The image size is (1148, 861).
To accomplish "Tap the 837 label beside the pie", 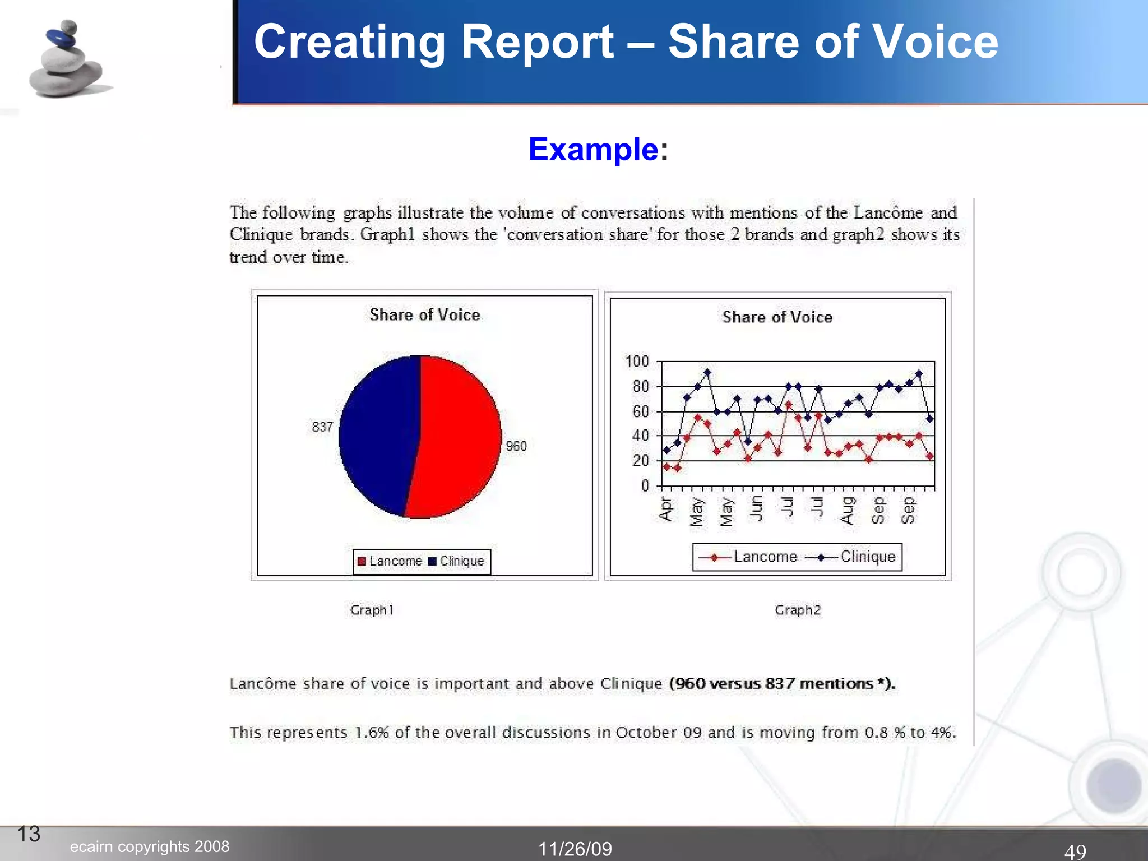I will pyautogui.click(x=323, y=427).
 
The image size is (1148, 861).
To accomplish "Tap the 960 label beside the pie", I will pyautogui.click(x=516, y=446).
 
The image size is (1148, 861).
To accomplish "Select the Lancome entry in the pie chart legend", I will pyautogui.click(x=390, y=561).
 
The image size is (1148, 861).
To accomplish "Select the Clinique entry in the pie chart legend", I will pyautogui.click(x=457, y=561).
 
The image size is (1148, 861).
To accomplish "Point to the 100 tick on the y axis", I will pyautogui.click(x=637, y=362).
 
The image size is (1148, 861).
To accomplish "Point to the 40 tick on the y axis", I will pyautogui.click(x=641, y=436).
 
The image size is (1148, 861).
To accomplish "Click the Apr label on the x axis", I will pyautogui.click(x=665, y=509).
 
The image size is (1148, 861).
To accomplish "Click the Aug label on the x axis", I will pyautogui.click(x=848, y=510).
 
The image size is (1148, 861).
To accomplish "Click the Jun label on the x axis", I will pyautogui.click(x=756, y=508).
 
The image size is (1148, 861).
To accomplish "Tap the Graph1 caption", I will pyautogui.click(x=372, y=610).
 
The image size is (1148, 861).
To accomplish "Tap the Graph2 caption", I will pyautogui.click(x=798, y=610).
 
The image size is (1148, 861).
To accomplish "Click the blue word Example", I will pyautogui.click(x=593, y=150).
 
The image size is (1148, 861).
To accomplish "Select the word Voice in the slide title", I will pyautogui.click(x=936, y=42).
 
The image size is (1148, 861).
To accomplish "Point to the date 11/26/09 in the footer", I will pyautogui.click(x=575, y=849).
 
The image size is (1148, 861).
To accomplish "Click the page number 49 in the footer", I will pyautogui.click(x=1075, y=851).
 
